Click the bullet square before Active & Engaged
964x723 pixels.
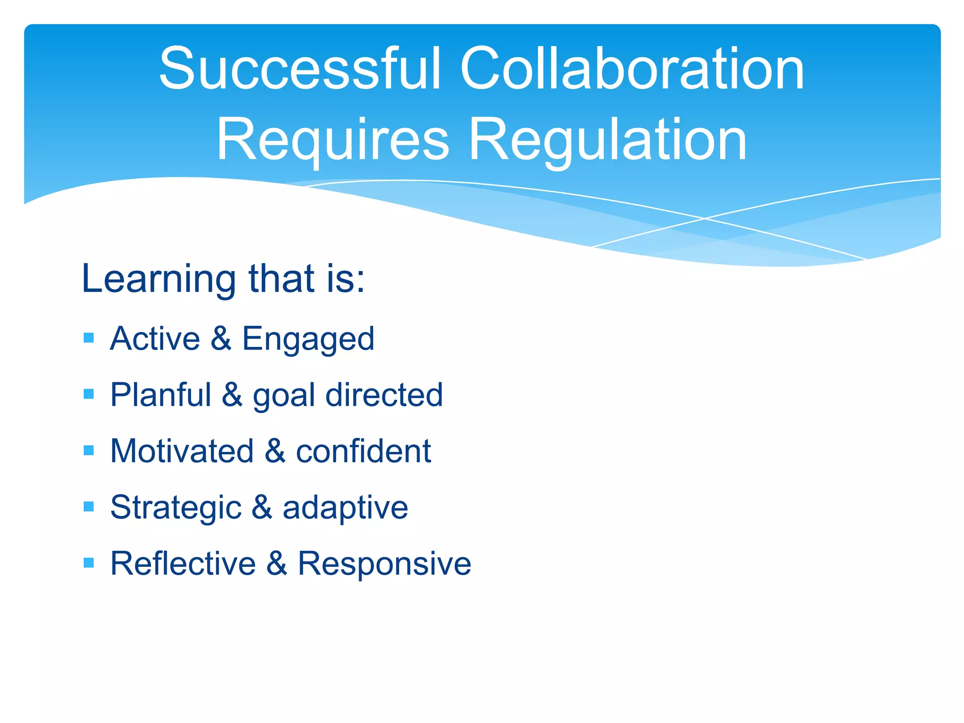pos(88,338)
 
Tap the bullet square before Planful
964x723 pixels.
pos(88,394)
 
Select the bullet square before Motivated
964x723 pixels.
pos(88,450)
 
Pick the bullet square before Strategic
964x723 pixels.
pos(88,506)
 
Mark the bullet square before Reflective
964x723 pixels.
pos(88,562)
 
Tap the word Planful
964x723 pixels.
pos(161,394)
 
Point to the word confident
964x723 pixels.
pos(363,451)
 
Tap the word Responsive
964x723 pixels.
pos(384,564)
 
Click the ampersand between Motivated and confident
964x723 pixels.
pos(275,451)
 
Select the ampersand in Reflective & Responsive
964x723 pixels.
pos(277,563)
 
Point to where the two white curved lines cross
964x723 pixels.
pos(705,218)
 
